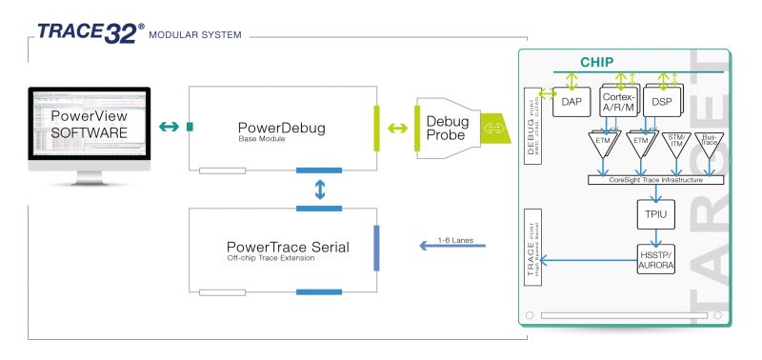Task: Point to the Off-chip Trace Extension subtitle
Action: coord(273,259)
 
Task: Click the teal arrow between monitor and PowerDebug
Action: coord(170,126)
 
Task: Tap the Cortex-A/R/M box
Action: coord(618,100)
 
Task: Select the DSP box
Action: coord(663,100)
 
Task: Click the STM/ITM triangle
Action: coord(675,143)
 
